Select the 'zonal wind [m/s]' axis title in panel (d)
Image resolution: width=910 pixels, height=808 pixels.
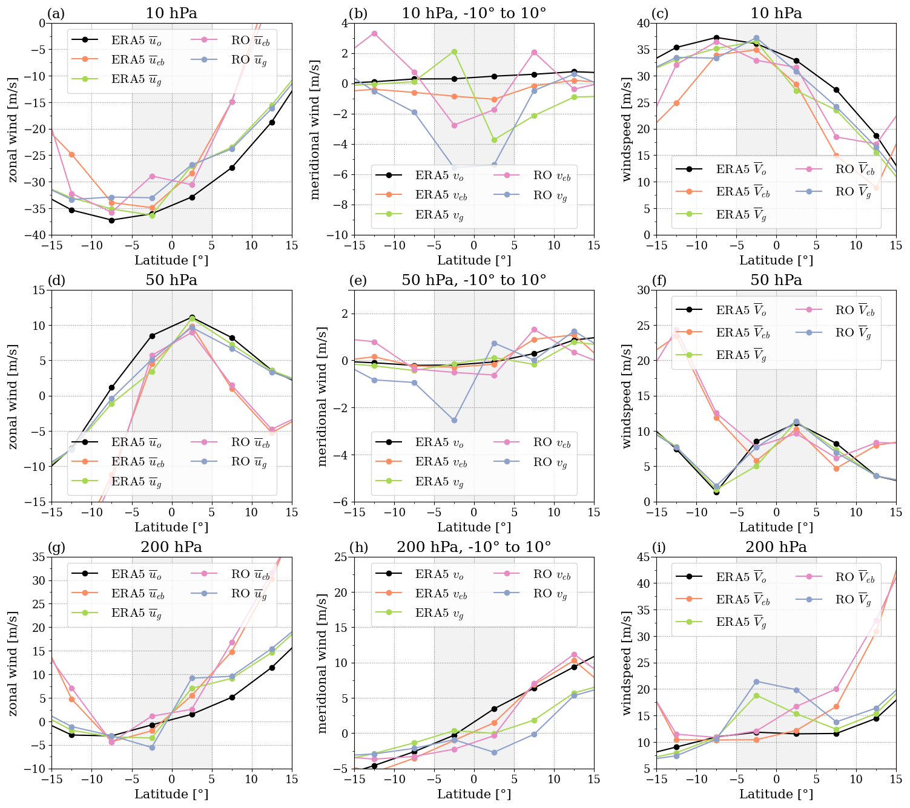tap(13, 396)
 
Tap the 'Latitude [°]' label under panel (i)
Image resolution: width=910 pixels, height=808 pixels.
tap(776, 794)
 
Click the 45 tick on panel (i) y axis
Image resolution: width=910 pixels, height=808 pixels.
tap(643, 557)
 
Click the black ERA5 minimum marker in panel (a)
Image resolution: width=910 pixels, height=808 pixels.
tap(111, 220)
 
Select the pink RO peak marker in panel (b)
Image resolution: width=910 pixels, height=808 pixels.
tap(374, 33)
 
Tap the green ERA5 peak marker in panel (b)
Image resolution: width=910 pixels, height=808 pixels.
tap(454, 51)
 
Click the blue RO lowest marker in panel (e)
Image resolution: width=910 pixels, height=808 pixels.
tap(454, 420)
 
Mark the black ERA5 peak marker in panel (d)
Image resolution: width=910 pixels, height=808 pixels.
tap(192, 317)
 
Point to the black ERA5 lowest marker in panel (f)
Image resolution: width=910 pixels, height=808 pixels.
tap(716, 492)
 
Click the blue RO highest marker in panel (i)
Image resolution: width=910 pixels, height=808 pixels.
tap(756, 682)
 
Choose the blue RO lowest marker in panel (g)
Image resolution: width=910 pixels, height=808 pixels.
tap(152, 747)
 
